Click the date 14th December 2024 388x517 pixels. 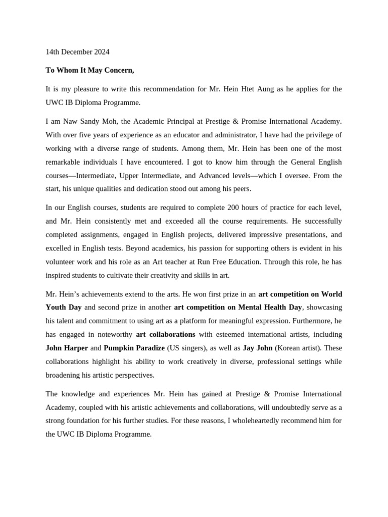[x=77, y=52]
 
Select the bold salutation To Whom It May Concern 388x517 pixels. [x=90, y=70]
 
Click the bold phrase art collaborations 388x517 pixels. [x=165, y=334]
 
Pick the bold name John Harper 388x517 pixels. [x=67, y=348]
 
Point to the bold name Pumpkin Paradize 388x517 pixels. [x=134, y=348]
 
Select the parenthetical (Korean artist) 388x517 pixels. [x=299, y=348]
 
